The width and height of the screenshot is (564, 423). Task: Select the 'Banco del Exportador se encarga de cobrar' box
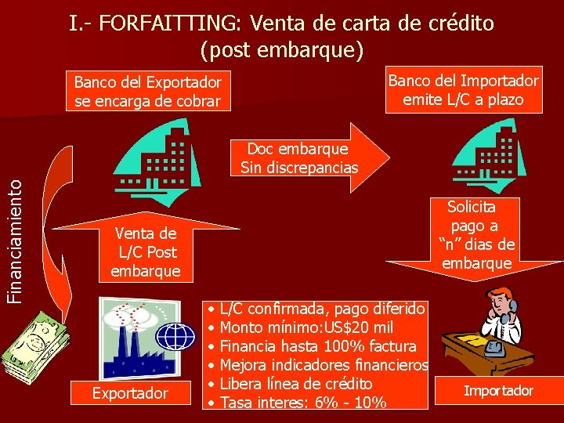point(147,92)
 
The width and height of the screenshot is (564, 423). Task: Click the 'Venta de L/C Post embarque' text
point(146,252)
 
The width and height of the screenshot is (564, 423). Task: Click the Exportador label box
point(130,392)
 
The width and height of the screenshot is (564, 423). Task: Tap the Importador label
point(498,390)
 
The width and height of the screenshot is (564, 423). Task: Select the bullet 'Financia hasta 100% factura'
point(318,346)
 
